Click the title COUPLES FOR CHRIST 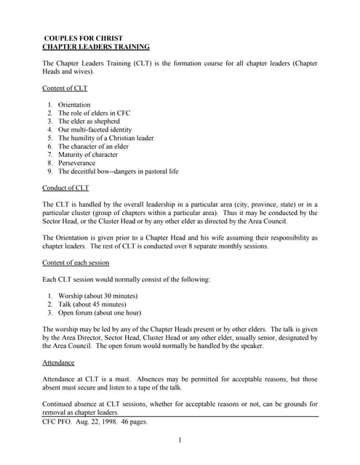tap(84, 37)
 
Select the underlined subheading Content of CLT tap(66, 88)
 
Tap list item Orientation tap(74, 105)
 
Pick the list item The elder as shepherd tap(89, 121)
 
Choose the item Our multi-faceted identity tap(95, 130)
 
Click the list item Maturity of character tap(88, 155)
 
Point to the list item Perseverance tap(76, 163)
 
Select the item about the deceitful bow tap(118, 171)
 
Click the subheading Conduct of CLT tap(66, 188)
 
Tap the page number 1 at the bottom tap(180, 440)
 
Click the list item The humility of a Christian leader tap(106, 138)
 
